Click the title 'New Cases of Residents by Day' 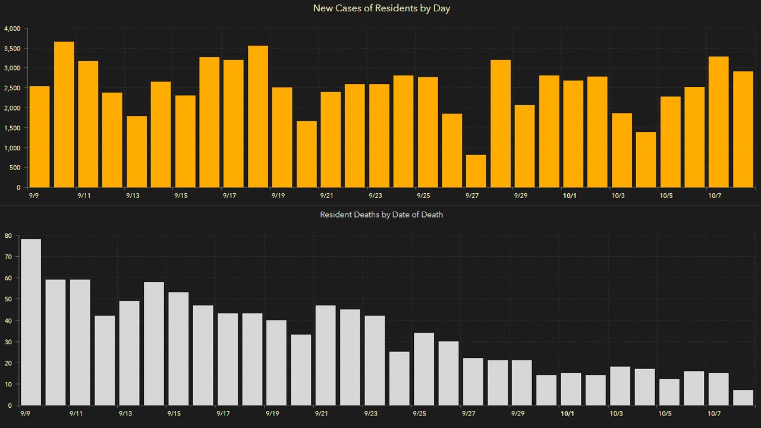click(381, 8)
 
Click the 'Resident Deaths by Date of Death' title click(381, 215)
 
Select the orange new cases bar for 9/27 click(476, 171)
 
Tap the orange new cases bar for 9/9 click(39, 137)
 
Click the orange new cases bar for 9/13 click(136, 152)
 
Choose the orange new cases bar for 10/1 click(573, 134)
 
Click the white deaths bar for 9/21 click(325, 355)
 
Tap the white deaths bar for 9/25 click(423, 369)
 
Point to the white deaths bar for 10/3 click(620, 386)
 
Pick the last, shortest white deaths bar click(743, 398)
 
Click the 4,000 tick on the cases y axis click(12, 29)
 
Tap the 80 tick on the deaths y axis click(8, 235)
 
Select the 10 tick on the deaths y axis click(8, 385)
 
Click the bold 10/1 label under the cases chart click(570, 196)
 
